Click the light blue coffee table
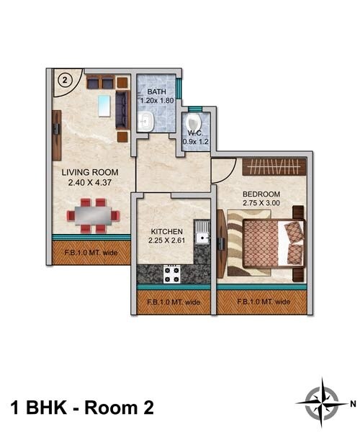pyautogui.click(x=105, y=106)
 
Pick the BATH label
pyautogui.click(x=156, y=92)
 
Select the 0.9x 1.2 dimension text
pyautogui.click(x=194, y=142)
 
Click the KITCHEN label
pyautogui.click(x=167, y=231)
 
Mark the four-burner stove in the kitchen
pyautogui.click(x=171, y=274)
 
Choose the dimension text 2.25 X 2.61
pyautogui.click(x=167, y=241)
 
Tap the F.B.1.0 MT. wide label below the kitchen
pyautogui.click(x=173, y=302)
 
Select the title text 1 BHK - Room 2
pyautogui.click(x=83, y=408)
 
